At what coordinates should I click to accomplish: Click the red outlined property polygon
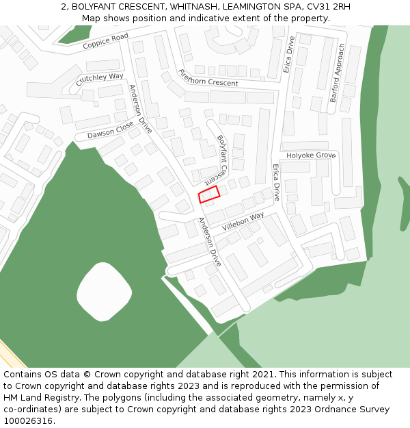pos(208,194)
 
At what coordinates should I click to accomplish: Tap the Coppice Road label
pos(105,41)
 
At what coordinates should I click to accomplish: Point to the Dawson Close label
pos(111,130)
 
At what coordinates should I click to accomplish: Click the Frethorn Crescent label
pos(208,78)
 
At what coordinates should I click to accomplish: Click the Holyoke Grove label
pos(311,155)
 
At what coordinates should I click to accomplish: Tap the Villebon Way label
pos(243,221)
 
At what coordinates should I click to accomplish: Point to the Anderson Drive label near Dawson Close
pos(141,108)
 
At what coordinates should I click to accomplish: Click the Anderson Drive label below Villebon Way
pos(210,242)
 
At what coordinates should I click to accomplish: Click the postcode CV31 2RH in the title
pos(329,7)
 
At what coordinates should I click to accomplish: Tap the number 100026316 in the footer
pos(27,420)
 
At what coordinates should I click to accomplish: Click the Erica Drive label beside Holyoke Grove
pos(276,182)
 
